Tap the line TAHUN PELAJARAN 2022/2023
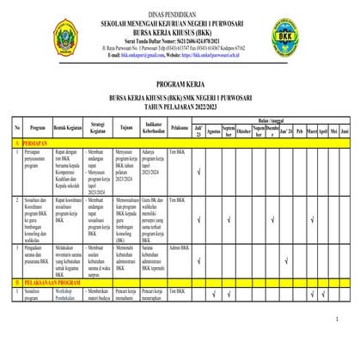click(179, 107)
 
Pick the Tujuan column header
click(126, 133)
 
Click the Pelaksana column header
click(180, 133)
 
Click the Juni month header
click(345, 133)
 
